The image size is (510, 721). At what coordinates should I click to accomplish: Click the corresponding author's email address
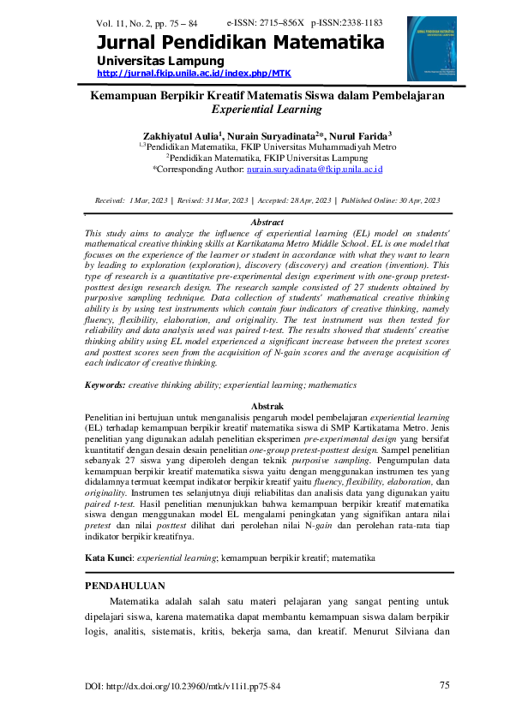click(x=315, y=170)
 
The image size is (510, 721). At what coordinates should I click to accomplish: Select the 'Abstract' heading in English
click(x=266, y=223)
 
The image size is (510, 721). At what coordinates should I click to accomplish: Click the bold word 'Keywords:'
click(x=106, y=386)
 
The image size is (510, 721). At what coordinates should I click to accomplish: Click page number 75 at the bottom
click(x=444, y=686)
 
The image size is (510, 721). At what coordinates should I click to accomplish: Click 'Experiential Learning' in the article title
click(x=267, y=110)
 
